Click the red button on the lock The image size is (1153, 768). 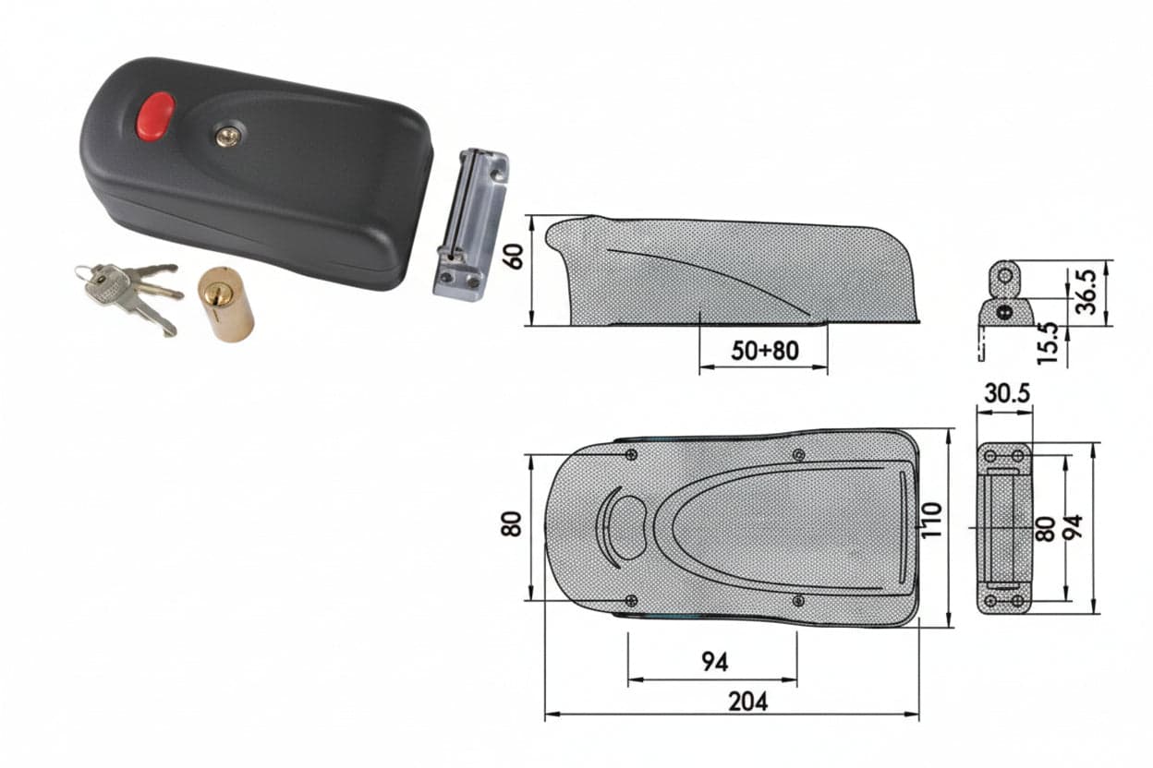pos(155,116)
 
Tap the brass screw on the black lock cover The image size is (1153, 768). pos(227,136)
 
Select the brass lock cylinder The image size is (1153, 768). pos(226,304)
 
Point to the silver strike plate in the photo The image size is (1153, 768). pos(470,225)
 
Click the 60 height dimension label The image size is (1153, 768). pos(514,257)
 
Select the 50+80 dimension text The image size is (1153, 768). pos(765,351)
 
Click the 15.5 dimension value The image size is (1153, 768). pos(1048,343)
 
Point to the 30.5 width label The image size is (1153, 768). pos(1007,393)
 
